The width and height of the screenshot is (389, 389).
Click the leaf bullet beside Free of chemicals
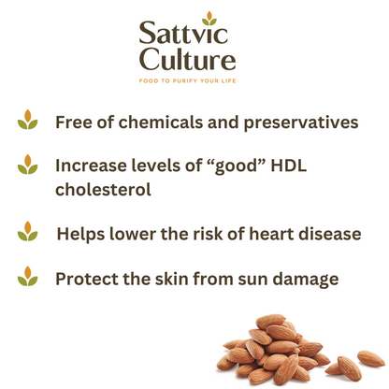click(x=28, y=120)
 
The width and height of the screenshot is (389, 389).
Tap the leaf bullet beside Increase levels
click(x=28, y=166)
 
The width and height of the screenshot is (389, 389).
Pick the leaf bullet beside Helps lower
click(x=28, y=230)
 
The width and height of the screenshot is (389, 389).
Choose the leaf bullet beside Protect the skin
click(x=28, y=276)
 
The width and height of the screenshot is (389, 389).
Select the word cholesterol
click(x=103, y=190)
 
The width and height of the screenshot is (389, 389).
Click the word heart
click(x=263, y=233)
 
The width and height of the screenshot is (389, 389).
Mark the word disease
click(x=326, y=233)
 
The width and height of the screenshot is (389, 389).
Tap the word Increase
click(x=94, y=166)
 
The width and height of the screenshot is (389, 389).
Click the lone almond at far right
click(x=371, y=358)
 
